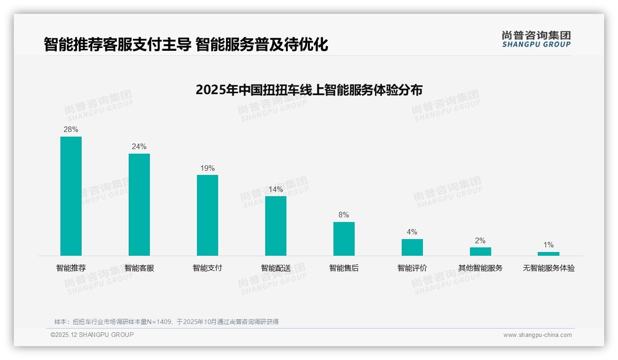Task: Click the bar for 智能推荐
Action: (71, 196)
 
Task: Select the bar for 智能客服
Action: (139, 204)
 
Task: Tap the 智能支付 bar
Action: (208, 215)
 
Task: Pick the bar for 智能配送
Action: (276, 226)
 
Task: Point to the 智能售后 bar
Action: (344, 239)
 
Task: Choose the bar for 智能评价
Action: (412, 247)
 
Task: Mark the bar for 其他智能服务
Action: (480, 252)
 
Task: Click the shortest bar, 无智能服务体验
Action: (548, 254)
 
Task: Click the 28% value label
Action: (71, 130)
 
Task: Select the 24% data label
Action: (139, 147)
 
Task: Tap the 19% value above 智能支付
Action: (208, 168)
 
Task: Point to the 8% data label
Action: (344, 215)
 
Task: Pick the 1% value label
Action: (548, 245)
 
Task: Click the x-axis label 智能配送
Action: (276, 268)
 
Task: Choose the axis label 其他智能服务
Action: (480, 268)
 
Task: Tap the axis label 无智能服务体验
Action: (548, 268)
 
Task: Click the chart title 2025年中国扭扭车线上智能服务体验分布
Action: (309, 90)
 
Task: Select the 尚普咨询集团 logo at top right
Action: (536, 39)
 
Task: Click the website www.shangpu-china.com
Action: (537, 335)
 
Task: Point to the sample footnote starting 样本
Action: (166, 322)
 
